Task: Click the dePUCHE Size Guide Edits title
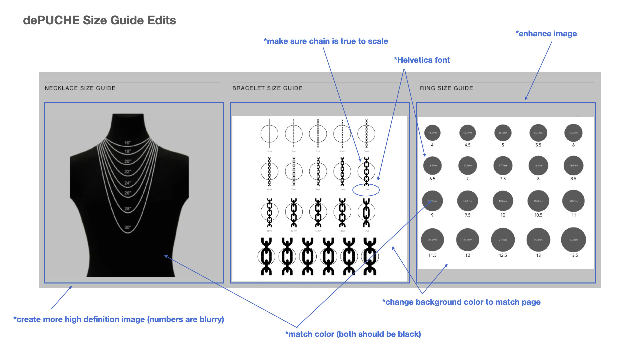(x=99, y=20)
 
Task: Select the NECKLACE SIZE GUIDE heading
(x=80, y=88)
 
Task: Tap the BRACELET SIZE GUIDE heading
(x=267, y=88)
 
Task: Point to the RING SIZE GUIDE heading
(x=446, y=88)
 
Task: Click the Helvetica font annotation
(x=422, y=60)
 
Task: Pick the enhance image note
(x=546, y=34)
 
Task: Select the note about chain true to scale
(x=326, y=41)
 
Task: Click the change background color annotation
(x=461, y=302)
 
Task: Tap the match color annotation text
(x=353, y=334)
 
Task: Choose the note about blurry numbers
(x=119, y=319)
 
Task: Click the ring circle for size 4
(x=432, y=133)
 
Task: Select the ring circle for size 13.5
(x=574, y=240)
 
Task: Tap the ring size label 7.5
(x=503, y=179)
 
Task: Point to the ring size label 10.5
(x=538, y=215)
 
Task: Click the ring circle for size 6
(x=573, y=133)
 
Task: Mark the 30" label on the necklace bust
(x=128, y=228)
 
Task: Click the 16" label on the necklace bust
(x=128, y=143)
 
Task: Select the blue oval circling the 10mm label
(x=366, y=190)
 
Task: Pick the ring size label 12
(x=468, y=255)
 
